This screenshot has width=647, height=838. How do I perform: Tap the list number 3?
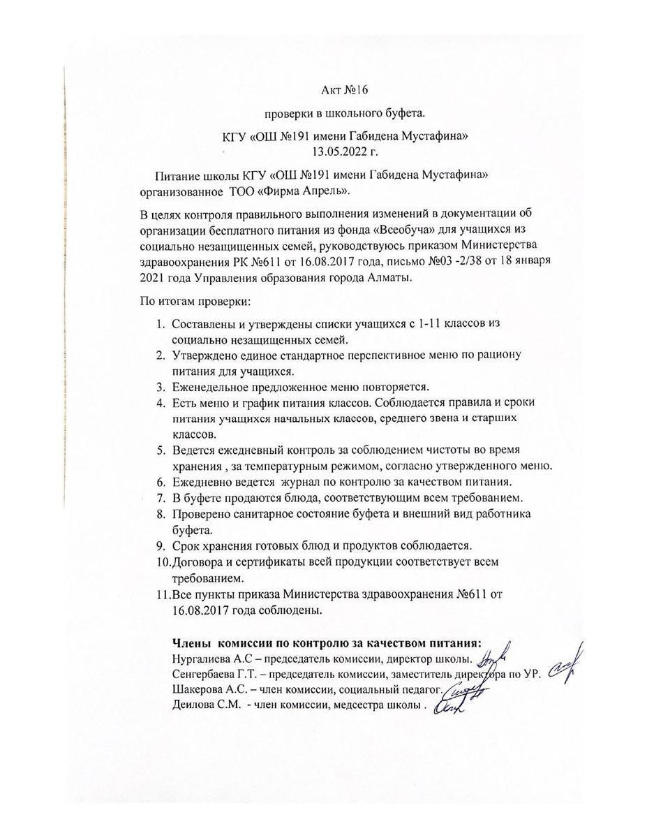159,386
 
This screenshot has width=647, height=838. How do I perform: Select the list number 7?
159,497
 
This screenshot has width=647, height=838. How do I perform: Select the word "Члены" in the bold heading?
191,642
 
